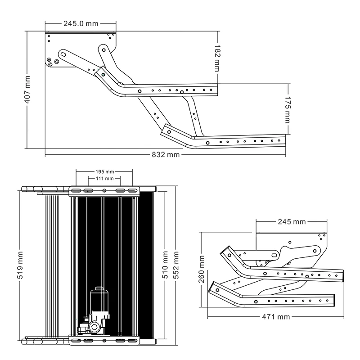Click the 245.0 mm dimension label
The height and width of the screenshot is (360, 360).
coord(81,24)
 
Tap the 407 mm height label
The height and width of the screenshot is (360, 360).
coord(27,90)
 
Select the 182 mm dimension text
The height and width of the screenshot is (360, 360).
coord(217,58)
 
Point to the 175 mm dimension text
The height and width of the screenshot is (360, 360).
coord(288,109)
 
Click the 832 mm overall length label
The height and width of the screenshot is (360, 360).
coord(166,154)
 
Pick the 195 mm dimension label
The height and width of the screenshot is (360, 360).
coord(105,172)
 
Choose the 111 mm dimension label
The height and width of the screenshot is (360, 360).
coord(105,178)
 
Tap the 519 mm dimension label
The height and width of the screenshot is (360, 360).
coord(20,265)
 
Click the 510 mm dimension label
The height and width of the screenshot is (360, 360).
coord(165,265)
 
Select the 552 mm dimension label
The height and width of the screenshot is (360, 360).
coord(175,265)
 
